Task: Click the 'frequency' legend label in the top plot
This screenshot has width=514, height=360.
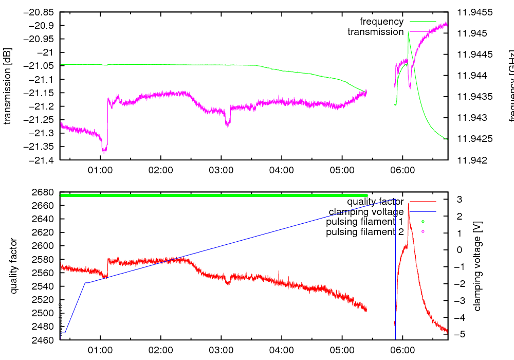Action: pos(381,22)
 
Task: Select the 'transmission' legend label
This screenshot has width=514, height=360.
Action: pos(375,32)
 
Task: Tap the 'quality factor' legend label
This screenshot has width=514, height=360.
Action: pos(375,202)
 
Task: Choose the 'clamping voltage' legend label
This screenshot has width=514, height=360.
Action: pos(366,212)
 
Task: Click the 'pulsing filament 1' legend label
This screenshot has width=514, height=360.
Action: pos(364,222)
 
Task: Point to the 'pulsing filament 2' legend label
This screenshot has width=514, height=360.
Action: pos(364,232)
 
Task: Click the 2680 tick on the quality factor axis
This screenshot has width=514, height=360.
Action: pos(45,192)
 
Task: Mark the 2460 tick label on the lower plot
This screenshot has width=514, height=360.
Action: pos(45,340)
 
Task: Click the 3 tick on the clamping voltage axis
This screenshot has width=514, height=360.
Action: pos(456,199)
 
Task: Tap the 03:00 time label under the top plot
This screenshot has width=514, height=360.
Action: pos(221,170)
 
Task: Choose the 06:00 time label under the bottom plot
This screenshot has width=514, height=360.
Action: pos(402,350)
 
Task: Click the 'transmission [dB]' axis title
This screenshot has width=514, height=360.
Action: pos(8,86)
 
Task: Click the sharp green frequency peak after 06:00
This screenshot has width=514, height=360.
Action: pos(408,32)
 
